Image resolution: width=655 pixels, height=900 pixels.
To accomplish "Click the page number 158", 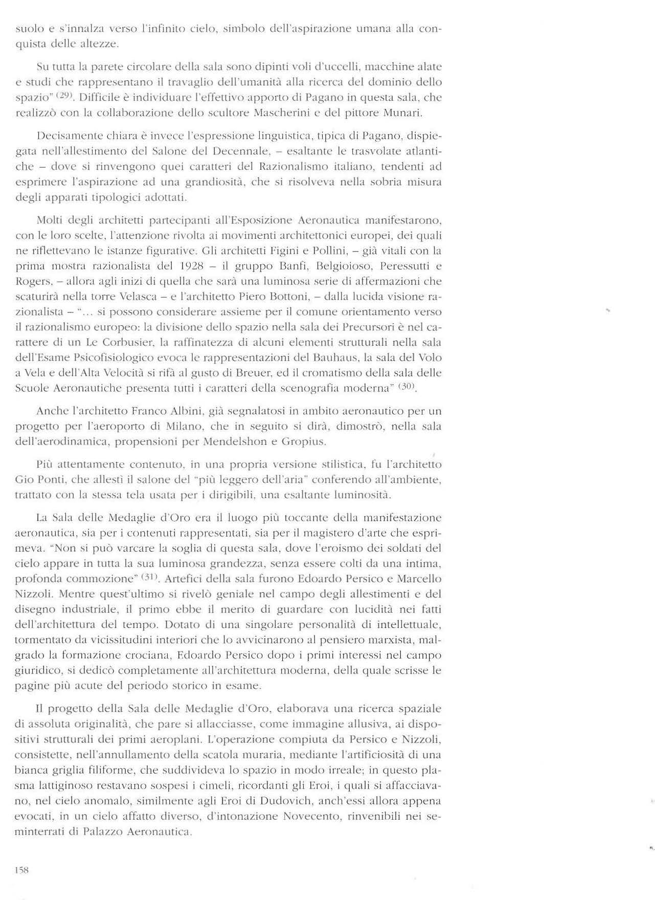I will pos(21,870).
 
